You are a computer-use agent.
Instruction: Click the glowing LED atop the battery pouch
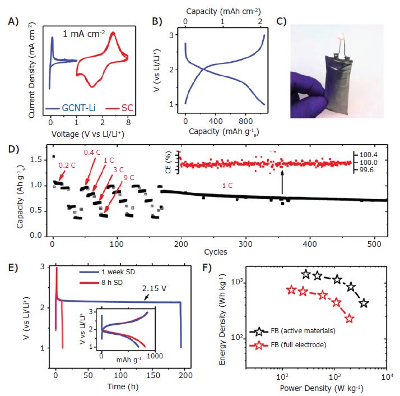point(342,37)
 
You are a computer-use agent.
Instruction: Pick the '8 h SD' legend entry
point(105,281)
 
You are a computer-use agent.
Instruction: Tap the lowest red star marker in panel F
point(350,319)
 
